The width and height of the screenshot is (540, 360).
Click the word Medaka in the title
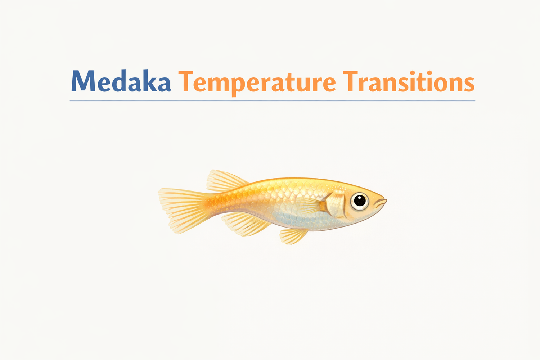click(121, 81)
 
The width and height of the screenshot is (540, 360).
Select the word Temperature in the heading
click(257, 82)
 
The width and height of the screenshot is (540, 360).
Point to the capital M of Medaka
click(84, 81)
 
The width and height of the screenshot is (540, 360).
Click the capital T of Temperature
click(188, 81)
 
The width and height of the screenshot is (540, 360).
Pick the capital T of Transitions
click(351, 81)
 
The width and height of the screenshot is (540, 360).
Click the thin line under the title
click(272, 101)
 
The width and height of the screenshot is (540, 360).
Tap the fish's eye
click(360, 201)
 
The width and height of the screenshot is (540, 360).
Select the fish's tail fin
click(178, 209)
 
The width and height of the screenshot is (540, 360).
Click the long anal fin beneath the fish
click(245, 223)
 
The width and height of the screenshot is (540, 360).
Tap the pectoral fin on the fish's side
click(311, 206)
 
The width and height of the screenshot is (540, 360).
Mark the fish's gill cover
click(337, 204)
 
